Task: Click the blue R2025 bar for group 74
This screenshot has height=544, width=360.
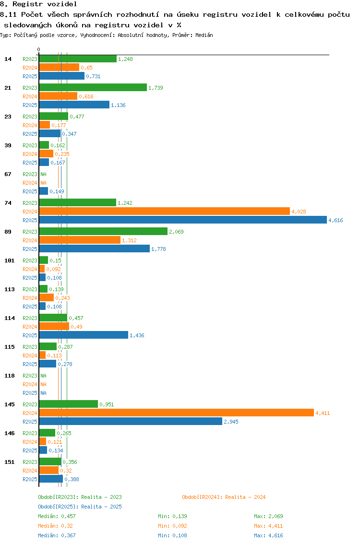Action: pyautogui.click(x=183, y=220)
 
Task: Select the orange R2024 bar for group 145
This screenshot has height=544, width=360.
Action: pyautogui.click(x=176, y=413)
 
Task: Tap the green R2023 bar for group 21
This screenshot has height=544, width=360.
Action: pyautogui.click(x=93, y=87)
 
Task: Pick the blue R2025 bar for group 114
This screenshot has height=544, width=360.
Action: pyautogui.click(x=84, y=335)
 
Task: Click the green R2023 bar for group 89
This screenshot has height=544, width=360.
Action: pyautogui.click(x=104, y=231)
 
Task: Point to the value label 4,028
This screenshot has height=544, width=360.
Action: pyautogui.click(x=299, y=212)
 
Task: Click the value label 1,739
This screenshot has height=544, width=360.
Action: pyautogui.click(x=156, y=88)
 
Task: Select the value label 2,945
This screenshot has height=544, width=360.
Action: pyautogui.click(x=231, y=422)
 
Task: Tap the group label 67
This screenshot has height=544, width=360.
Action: pyautogui.click(x=8, y=174)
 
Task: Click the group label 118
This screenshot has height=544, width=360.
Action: pyautogui.click(x=10, y=376)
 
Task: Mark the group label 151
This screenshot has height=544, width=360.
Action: pyautogui.click(x=10, y=462)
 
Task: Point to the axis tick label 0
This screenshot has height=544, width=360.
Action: pyautogui.click(x=38, y=49)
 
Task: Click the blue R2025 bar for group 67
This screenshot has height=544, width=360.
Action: pyautogui.click(x=43, y=191)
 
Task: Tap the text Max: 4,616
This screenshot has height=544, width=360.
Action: pyautogui.click(x=268, y=535)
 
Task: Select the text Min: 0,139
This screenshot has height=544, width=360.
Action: pyautogui.click(x=172, y=516)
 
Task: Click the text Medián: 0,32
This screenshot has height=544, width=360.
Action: pyautogui.click(x=56, y=526)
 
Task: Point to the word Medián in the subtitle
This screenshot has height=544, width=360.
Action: pyautogui.click(x=204, y=35)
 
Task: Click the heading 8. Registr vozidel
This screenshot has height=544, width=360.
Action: pyautogui.click(x=38, y=4)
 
